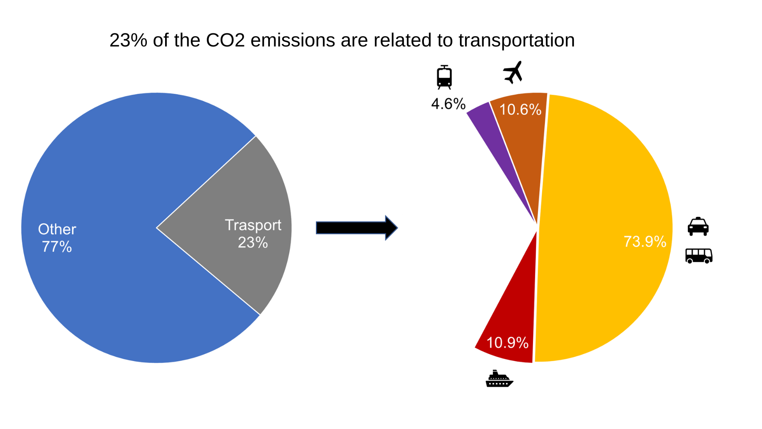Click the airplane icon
click(513, 72)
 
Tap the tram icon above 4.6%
click(444, 77)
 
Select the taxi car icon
click(698, 226)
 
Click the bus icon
click(699, 256)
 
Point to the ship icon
click(499, 379)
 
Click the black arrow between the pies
click(357, 228)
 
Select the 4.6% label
click(448, 104)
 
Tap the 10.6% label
click(520, 110)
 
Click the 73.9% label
click(645, 242)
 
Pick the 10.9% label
click(508, 343)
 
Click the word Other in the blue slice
click(57, 229)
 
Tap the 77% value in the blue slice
click(57, 247)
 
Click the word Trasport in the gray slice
click(253, 225)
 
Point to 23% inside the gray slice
click(253, 242)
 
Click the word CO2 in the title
click(225, 40)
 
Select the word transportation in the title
click(517, 41)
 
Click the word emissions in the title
click(293, 40)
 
